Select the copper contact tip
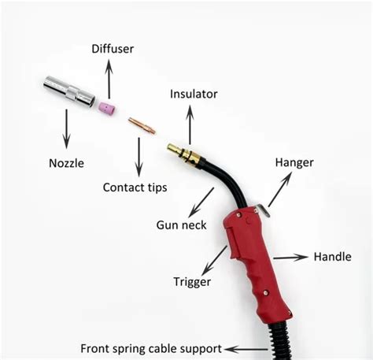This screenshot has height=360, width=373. [142, 124]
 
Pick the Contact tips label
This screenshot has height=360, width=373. [135, 187]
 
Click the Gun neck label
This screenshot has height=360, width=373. [181, 225]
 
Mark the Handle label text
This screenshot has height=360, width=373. [332, 256]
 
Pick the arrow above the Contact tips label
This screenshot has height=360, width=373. [139, 157]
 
